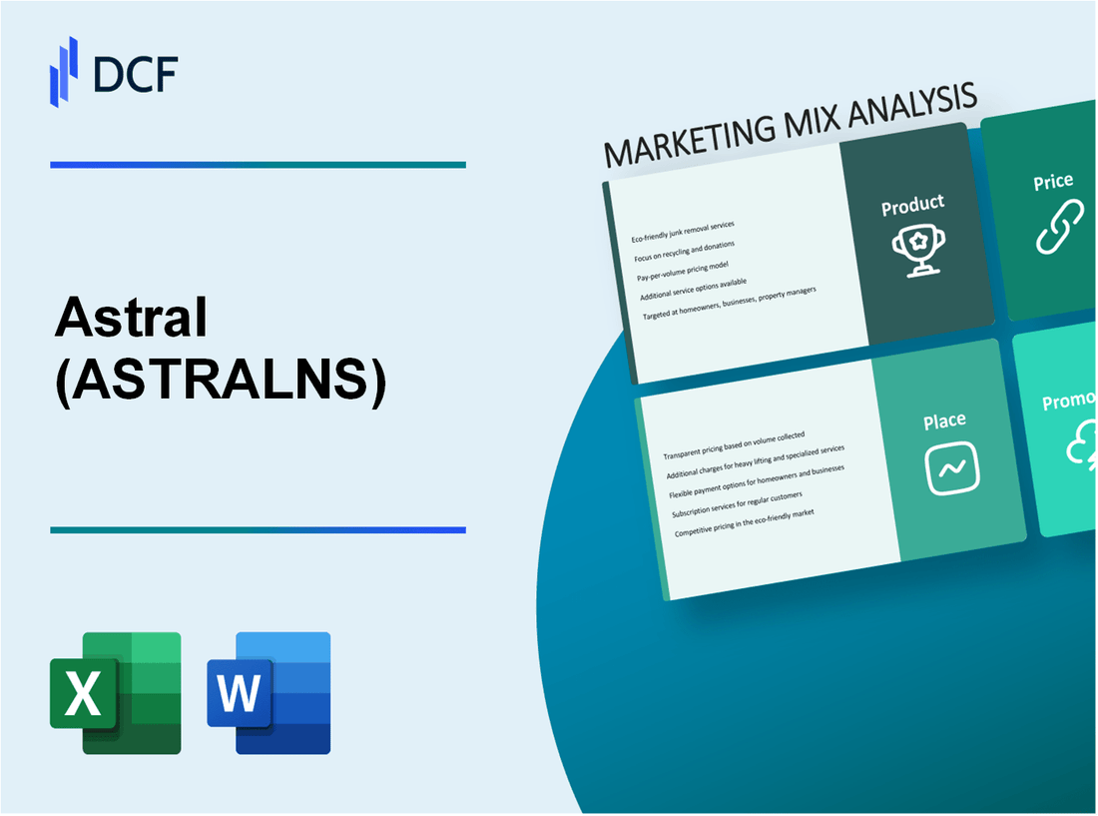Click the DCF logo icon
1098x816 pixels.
pyautogui.click(x=64, y=71)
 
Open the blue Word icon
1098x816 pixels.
pyautogui.click(x=270, y=692)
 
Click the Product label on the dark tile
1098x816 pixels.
pyautogui.click(x=912, y=206)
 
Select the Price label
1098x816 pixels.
pyautogui.click(x=1053, y=182)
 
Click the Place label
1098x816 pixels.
pyautogui.click(x=944, y=420)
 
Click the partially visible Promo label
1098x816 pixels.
pyautogui.click(x=1069, y=402)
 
